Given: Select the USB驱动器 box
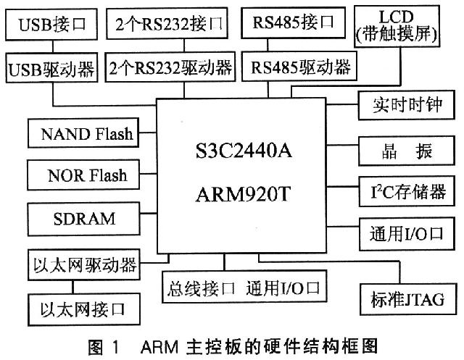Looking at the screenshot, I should coord(52,70).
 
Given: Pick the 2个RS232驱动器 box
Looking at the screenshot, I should coord(170,70).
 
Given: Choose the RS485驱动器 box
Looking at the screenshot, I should coord(300,69).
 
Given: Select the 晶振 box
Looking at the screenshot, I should coord(407,151).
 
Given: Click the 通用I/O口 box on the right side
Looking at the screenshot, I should coord(407,233).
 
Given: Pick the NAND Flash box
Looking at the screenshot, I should coord(87,134).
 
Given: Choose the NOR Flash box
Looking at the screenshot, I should coord(87,175).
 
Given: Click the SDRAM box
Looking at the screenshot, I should coord(87,217).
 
